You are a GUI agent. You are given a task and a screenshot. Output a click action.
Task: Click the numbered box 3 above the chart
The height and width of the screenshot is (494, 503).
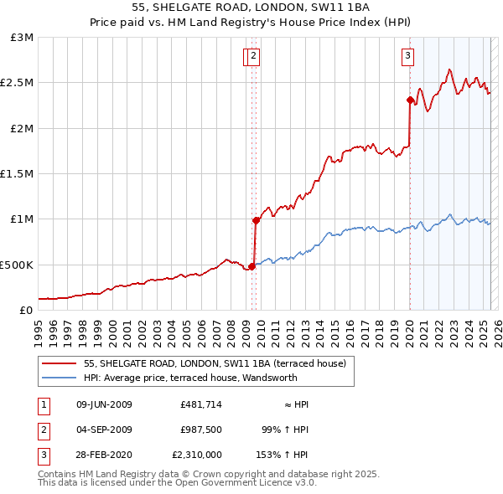407,56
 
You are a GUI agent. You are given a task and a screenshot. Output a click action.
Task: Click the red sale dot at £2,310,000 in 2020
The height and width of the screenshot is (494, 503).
410,100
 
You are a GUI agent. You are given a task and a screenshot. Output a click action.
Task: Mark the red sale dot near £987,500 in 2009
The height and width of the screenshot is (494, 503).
255,220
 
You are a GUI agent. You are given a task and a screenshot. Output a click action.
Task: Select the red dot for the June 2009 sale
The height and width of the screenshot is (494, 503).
251,266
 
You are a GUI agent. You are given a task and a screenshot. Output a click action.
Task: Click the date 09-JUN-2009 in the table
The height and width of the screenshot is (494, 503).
104,404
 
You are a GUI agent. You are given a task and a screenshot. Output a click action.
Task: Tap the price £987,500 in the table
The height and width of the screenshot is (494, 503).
201,430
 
